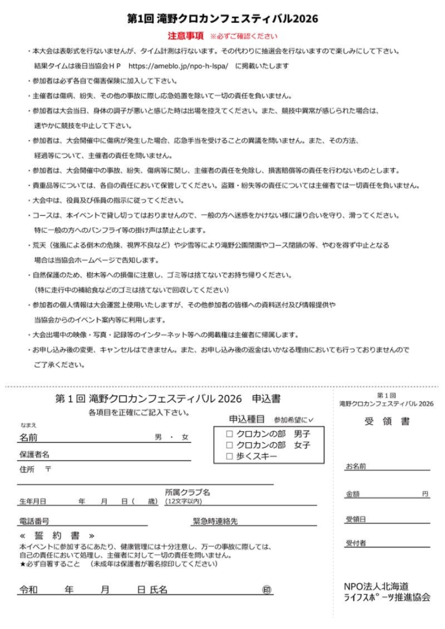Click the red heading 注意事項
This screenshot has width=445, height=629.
coord(186,36)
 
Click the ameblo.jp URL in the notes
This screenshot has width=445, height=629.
coord(179,66)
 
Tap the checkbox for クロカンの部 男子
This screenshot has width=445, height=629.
coord(229,434)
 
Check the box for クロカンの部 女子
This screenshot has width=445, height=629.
coord(229,445)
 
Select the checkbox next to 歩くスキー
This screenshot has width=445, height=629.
coord(229,456)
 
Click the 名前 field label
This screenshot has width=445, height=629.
coord(28,437)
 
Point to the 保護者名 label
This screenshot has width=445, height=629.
coord(34,455)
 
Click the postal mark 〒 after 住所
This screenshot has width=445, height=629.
coord(48,469)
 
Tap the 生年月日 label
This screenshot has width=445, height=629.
coord(33,501)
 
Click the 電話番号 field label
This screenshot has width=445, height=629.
coord(34,521)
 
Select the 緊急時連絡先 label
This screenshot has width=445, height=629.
coord(215,521)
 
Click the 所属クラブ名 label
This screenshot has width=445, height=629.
coord(187,492)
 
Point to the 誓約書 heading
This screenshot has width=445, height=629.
coord(57,536)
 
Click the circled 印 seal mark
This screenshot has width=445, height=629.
coord(266,590)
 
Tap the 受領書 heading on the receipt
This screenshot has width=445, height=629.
coord(387,422)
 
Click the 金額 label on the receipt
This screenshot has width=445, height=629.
coord(353,493)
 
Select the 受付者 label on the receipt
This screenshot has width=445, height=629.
coord(356,543)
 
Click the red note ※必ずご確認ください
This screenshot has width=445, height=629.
coord(243,37)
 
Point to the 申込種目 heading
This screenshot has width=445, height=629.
coord(246,419)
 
